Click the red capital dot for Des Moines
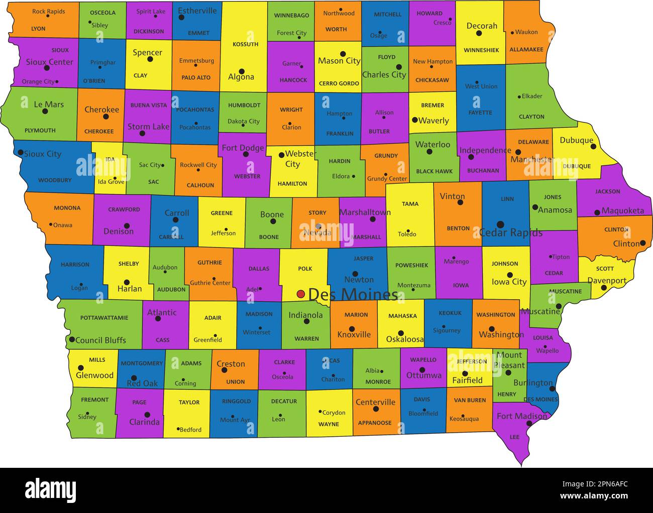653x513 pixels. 300,294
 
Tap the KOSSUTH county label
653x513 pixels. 245,44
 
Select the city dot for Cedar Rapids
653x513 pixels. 500,224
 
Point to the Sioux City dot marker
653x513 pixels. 21,152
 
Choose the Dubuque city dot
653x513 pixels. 593,147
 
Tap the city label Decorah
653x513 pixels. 482,26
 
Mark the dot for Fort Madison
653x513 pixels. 529,424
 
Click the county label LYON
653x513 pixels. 38,29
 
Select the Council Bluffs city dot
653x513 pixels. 72,340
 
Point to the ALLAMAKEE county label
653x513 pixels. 526,50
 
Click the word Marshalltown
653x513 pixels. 365,212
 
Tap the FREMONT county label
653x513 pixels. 94,400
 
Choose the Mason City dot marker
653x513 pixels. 343,54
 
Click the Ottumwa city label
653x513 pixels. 423,375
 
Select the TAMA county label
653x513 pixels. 410,204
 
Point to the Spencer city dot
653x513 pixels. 150,59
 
